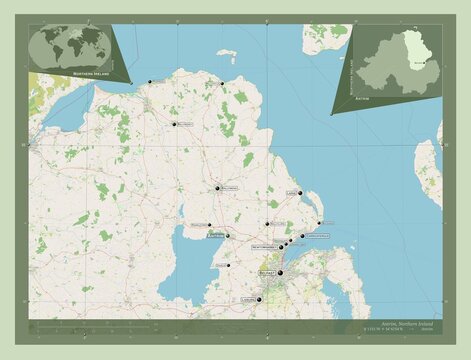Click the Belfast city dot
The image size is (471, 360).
280,272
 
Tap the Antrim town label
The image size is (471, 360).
213,236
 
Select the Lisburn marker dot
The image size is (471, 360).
258,298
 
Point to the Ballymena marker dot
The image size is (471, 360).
217,187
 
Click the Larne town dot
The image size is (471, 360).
300,193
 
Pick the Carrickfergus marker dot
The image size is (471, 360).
302,236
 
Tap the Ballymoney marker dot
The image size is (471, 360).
173,124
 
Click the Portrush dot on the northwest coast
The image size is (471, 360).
148,81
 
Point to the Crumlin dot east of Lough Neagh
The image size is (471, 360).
228,265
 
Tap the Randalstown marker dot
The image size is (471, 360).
209,225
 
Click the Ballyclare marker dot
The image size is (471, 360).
267,225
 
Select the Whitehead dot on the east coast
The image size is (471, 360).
319,223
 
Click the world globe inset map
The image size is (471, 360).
70,48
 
